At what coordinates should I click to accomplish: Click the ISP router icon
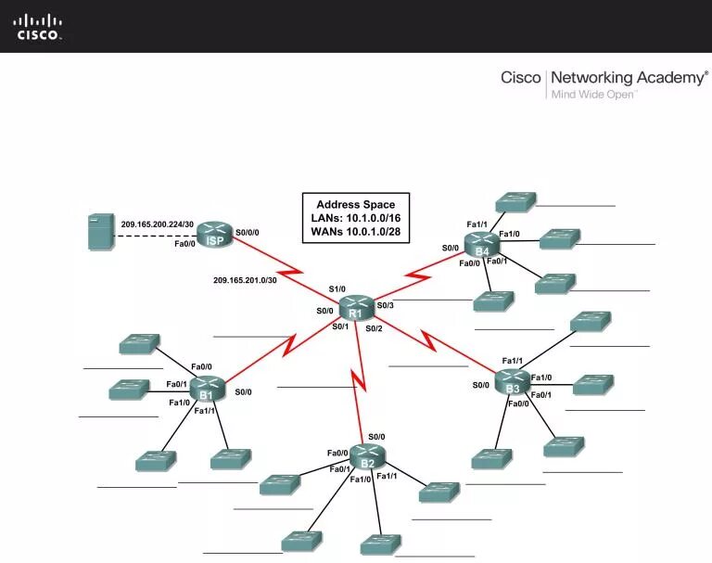(215, 236)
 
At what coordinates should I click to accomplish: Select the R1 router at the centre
(355, 308)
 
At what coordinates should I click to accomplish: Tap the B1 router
(207, 390)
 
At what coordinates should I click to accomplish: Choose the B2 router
(367, 457)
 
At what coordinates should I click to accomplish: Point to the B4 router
(481, 246)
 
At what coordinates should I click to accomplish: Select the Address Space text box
(355, 218)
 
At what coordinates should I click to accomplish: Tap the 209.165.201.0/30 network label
(245, 279)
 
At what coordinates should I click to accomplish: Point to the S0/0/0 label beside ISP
(248, 232)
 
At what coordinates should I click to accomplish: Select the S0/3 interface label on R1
(385, 305)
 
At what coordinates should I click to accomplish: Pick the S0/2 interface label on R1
(374, 327)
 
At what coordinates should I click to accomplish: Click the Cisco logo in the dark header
(38, 26)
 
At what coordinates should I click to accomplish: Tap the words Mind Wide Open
(593, 94)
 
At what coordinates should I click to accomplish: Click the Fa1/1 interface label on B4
(477, 224)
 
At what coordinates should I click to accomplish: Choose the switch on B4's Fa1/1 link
(515, 201)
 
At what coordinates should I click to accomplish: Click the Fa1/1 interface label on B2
(387, 476)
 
